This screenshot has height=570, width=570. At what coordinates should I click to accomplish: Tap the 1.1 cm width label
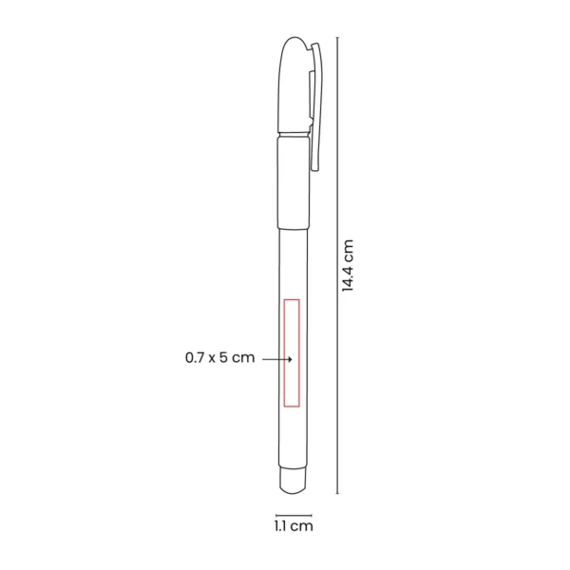293,523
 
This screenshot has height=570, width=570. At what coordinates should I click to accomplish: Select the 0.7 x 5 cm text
220,358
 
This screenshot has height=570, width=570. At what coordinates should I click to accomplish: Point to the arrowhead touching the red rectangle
287,359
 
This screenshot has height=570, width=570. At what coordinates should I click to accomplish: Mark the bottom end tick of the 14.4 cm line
339,494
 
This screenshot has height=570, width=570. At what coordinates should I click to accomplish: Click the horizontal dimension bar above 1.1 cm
293,509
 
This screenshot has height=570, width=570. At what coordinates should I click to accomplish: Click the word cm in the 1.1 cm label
303,523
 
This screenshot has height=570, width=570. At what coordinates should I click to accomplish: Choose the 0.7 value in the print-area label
196,358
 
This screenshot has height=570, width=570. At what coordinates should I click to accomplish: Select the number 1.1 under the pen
281,523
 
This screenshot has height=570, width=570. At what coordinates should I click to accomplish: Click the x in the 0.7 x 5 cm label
214,358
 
